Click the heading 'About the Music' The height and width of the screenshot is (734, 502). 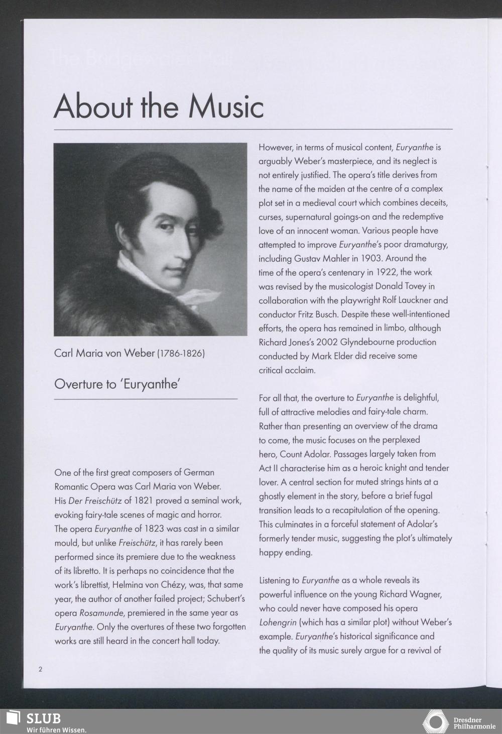(159, 106)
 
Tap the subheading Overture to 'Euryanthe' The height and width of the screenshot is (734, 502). (117, 384)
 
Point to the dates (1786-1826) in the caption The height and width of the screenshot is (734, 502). (181, 354)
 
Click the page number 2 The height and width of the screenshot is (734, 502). (40, 669)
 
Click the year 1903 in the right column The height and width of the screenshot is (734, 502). (371, 258)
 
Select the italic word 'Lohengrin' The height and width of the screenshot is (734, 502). (278, 622)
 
